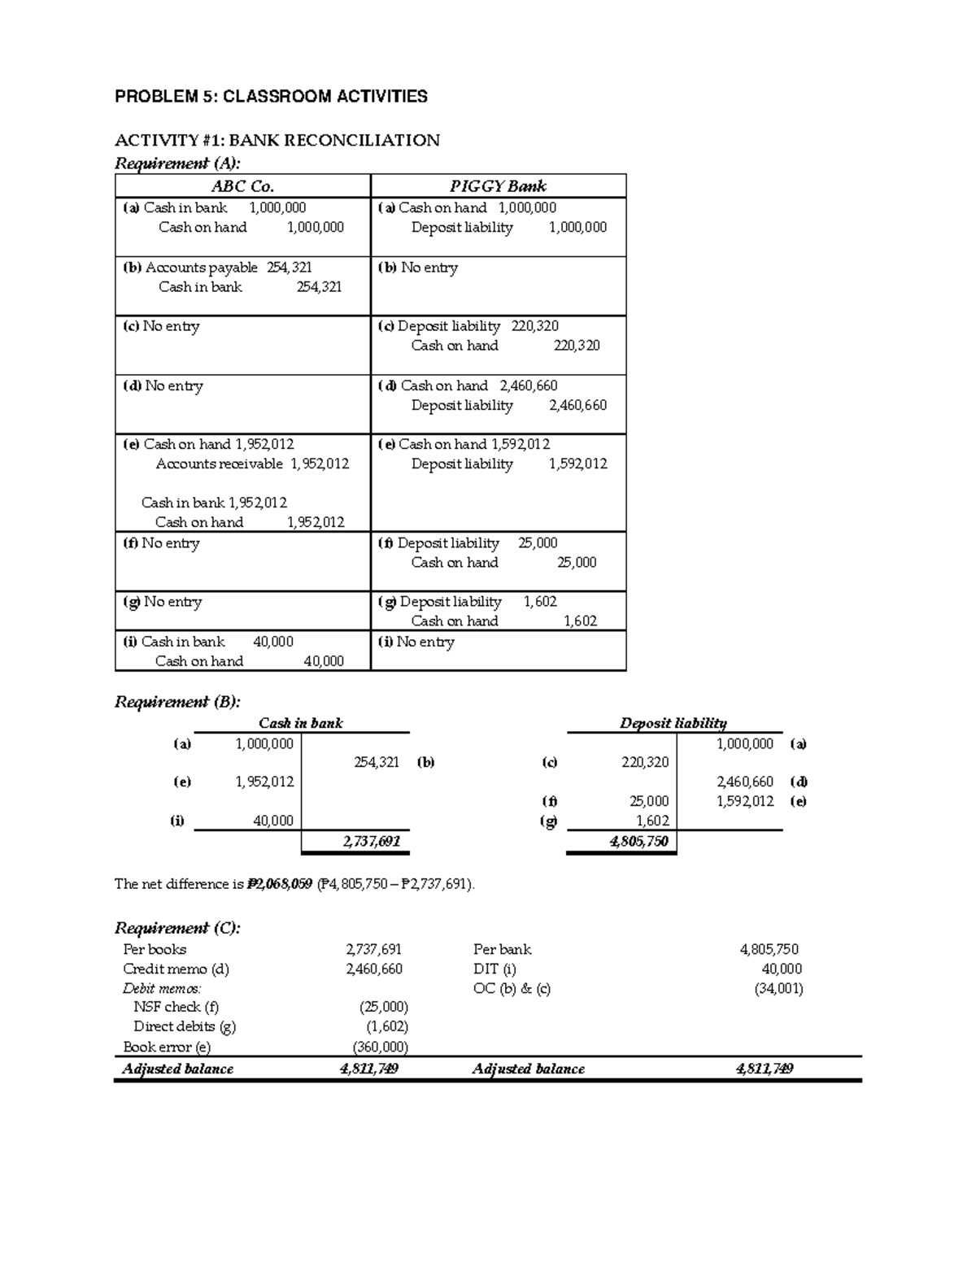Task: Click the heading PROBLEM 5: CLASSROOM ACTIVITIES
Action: click(271, 97)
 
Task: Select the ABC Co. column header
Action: click(242, 186)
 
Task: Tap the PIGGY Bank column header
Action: click(498, 186)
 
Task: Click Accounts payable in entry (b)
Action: click(201, 268)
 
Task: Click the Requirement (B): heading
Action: click(177, 702)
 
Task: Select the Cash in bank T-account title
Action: click(300, 723)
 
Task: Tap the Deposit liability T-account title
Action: click(673, 723)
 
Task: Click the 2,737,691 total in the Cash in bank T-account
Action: click(372, 841)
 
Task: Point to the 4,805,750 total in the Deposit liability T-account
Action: click(638, 841)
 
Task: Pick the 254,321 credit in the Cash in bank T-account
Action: click(376, 762)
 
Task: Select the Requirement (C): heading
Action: click(177, 928)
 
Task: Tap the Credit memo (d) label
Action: click(176, 969)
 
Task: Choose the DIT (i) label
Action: click(495, 969)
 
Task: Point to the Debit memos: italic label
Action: click(162, 989)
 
